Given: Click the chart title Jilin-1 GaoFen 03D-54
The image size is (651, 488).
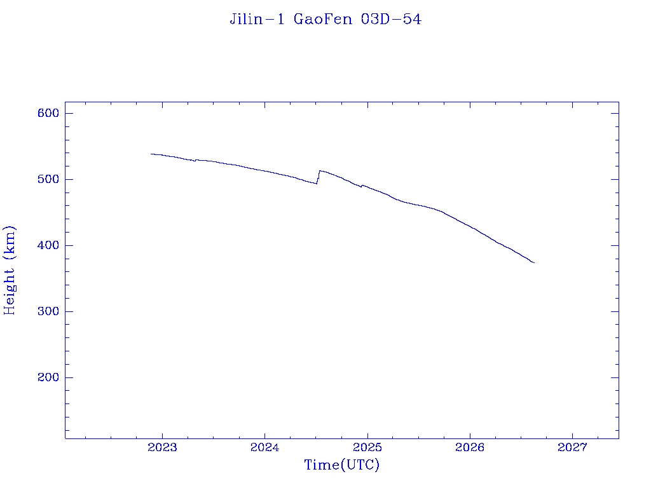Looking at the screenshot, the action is click(x=325, y=19).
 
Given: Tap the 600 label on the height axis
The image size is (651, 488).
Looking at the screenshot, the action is click(x=48, y=113).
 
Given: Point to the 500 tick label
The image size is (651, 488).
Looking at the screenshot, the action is click(x=48, y=179).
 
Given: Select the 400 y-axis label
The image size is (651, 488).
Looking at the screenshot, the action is click(x=48, y=245).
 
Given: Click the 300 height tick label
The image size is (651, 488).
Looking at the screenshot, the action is click(x=48, y=311).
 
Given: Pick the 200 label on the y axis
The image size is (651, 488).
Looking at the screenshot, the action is click(x=48, y=377).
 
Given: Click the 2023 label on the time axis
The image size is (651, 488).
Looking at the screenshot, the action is click(x=162, y=447).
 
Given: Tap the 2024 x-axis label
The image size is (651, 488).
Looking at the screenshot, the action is click(x=265, y=447).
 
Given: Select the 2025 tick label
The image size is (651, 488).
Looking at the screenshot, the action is click(x=367, y=447).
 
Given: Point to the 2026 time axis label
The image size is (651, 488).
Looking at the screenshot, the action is click(x=470, y=447).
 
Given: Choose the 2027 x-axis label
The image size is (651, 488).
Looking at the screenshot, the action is click(x=573, y=447).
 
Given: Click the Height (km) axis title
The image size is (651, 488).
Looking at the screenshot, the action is click(x=10, y=271).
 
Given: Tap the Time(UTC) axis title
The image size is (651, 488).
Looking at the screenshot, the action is click(x=341, y=464).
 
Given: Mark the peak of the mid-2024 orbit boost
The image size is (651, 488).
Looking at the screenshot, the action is click(x=319, y=170).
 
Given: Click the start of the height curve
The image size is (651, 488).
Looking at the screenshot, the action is click(x=151, y=154).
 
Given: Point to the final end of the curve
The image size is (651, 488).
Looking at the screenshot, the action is click(x=534, y=262).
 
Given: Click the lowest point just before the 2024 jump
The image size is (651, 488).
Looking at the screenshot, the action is click(x=317, y=184).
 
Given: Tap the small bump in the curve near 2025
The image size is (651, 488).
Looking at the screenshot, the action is click(x=362, y=186).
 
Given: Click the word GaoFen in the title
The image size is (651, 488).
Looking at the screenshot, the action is click(x=322, y=19).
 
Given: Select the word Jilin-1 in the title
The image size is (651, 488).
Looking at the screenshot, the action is click(x=257, y=19).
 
